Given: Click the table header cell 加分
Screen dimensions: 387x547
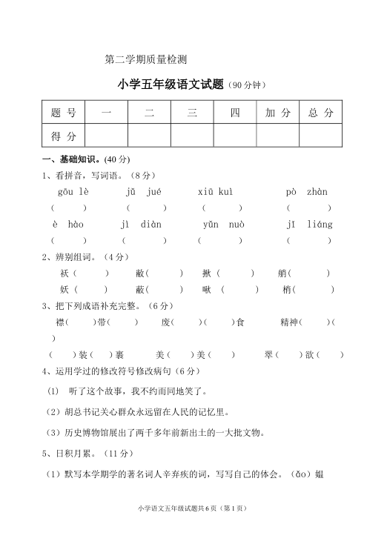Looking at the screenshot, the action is (x=278, y=113).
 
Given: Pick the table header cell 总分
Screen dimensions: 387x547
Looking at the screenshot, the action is (x=321, y=113).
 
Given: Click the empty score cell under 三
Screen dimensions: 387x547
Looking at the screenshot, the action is (x=192, y=136).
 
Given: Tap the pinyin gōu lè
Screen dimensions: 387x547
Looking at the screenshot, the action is (x=73, y=191).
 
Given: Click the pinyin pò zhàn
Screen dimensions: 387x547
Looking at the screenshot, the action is (x=306, y=191).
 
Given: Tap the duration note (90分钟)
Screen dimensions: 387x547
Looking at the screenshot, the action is (x=246, y=85).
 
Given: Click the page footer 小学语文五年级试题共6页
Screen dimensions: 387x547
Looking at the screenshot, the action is (x=191, y=508).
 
